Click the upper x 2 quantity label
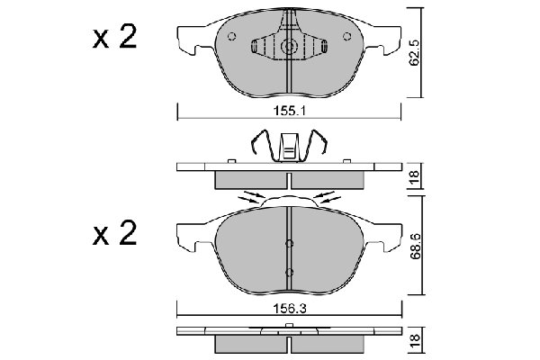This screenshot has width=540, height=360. point(113,38)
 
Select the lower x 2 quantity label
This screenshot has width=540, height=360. point(113,236)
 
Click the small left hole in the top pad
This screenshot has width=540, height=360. point(231,38)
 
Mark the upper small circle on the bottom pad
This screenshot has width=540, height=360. point(289,241)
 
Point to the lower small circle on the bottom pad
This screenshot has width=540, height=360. point(289,272)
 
